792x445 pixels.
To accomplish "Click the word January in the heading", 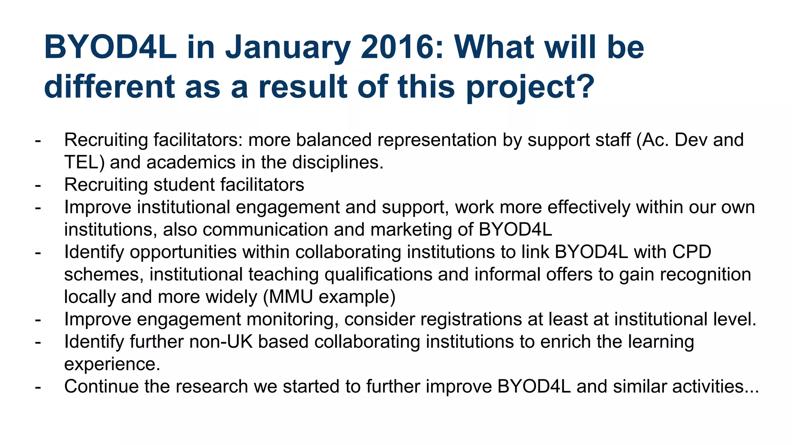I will click(x=288, y=48).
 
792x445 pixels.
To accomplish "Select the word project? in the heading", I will click(x=530, y=87).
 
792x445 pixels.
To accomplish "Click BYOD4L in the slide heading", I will click(x=110, y=48).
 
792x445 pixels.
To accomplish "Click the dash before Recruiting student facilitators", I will click(x=38, y=185).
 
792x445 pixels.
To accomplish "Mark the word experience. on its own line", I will click(x=112, y=364).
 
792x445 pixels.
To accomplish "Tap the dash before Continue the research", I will click(x=38, y=386).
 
